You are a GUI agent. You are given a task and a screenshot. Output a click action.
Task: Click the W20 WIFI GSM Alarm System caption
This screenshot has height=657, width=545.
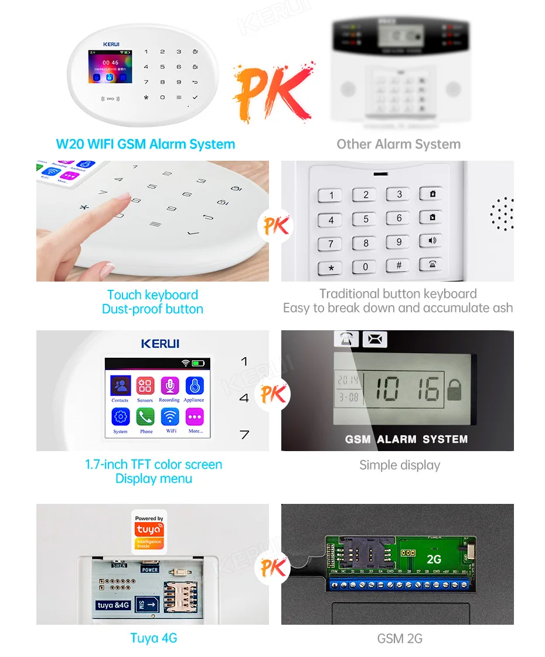[x=145, y=144]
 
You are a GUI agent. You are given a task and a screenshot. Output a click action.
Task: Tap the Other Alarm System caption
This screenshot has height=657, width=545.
[x=398, y=144]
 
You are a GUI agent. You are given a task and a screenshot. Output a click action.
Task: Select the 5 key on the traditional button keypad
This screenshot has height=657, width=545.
[x=366, y=219]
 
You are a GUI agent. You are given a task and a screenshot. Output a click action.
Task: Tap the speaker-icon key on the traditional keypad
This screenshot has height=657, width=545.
[x=431, y=241]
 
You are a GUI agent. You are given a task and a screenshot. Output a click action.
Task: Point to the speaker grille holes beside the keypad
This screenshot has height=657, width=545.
[x=502, y=214]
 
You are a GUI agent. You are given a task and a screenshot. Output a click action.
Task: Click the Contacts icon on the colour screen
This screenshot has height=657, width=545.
[x=120, y=386]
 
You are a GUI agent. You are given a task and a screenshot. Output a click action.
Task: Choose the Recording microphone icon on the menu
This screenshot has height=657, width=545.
[x=169, y=386]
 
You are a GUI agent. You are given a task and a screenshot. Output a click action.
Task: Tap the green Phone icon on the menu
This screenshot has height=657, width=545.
[x=145, y=417]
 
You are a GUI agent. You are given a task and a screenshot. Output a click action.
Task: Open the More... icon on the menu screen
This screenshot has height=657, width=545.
[x=195, y=417]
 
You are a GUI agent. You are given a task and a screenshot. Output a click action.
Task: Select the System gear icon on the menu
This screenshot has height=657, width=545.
[x=120, y=417]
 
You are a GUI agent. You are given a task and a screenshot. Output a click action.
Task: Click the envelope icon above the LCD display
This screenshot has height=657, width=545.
[x=374, y=339]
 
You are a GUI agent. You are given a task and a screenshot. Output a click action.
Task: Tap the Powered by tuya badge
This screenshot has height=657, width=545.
[x=149, y=530]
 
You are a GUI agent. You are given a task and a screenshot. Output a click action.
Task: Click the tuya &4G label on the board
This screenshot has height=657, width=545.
[x=113, y=605]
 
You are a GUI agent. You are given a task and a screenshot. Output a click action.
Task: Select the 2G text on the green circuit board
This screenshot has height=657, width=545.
[x=434, y=559]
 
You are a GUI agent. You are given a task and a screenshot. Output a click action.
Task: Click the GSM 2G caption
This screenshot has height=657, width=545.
[x=400, y=639]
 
